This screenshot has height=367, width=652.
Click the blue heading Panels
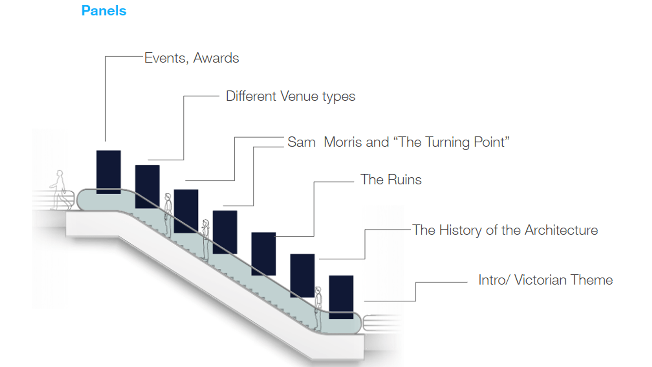pyautogui.click(x=104, y=11)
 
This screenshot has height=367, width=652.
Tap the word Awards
pyautogui.click(x=216, y=58)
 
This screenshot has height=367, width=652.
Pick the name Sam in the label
pyautogui.click(x=302, y=142)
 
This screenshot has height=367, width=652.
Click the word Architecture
pyautogui.click(x=561, y=230)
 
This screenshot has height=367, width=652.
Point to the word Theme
pyautogui.click(x=592, y=280)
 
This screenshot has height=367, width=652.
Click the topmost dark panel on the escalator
pyautogui.click(x=109, y=172)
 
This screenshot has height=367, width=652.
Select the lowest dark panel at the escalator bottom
pyautogui.click(x=341, y=297)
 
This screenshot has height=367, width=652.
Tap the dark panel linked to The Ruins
pyautogui.click(x=264, y=254)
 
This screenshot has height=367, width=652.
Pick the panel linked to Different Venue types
pyautogui.click(x=147, y=187)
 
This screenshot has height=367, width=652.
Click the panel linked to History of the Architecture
pyautogui.click(x=302, y=276)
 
